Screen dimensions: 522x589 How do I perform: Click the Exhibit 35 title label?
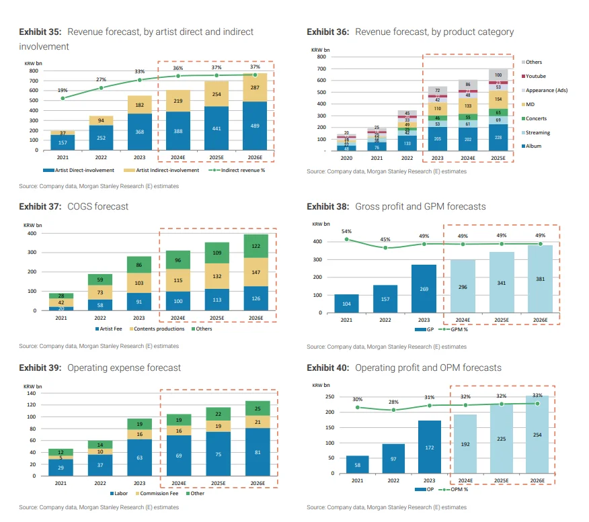[40, 32]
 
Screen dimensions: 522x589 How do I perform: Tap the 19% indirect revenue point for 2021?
[63, 98]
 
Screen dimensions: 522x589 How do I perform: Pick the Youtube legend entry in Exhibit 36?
[535, 76]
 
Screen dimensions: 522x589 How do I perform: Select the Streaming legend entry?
[538, 132]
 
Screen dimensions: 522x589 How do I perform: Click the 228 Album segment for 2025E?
[498, 138]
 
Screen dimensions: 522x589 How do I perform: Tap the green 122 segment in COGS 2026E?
[256, 246]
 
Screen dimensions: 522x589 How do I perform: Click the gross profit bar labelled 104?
[346, 304]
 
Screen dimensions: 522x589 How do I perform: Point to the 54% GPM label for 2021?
[346, 231]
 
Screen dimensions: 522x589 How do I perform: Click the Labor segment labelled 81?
[256, 451]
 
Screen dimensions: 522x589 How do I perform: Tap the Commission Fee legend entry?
[158, 493]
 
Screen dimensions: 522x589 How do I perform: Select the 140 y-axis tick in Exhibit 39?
[32, 393]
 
